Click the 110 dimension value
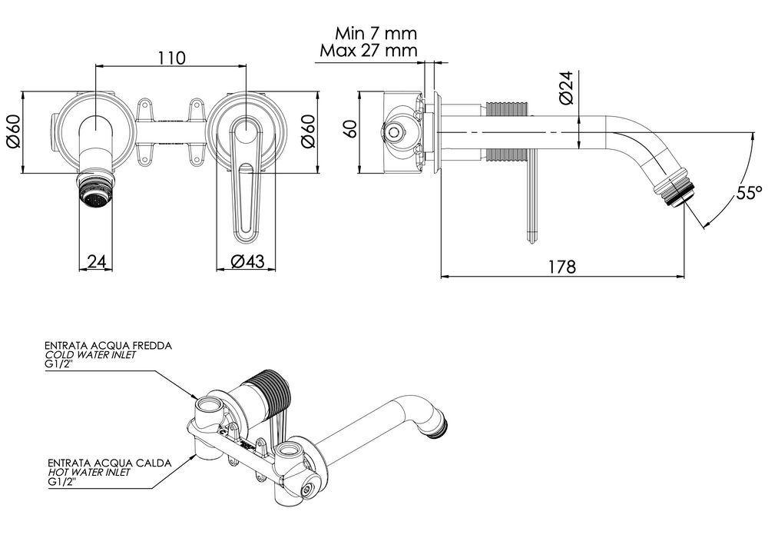pos(170,58)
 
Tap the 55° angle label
pos(747,193)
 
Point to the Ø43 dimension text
pos(247,261)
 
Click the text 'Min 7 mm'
pos(376,33)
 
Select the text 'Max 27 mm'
pos(366,51)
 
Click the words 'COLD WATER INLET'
pos(91,355)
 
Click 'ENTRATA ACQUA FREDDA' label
pos(108,346)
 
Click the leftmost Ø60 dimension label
pos(12,134)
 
